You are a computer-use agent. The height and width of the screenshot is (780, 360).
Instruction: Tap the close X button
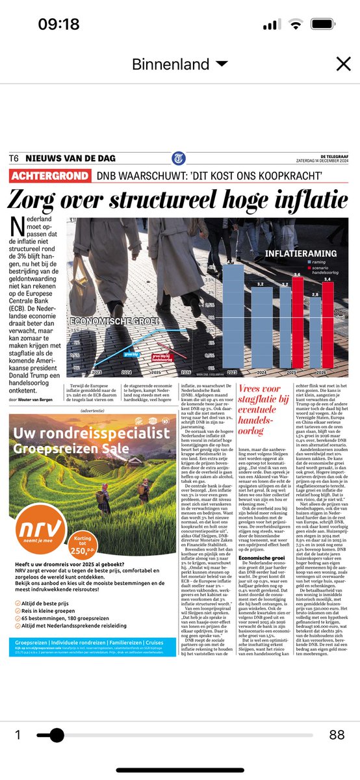pyautogui.click(x=342, y=64)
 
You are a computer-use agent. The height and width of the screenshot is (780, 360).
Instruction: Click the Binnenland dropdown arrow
pyautogui.click(x=222, y=64)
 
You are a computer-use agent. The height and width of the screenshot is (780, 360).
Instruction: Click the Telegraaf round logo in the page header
pyautogui.click(x=179, y=159)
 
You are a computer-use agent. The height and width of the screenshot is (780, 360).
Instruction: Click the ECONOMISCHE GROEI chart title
pyautogui.click(x=106, y=321)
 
